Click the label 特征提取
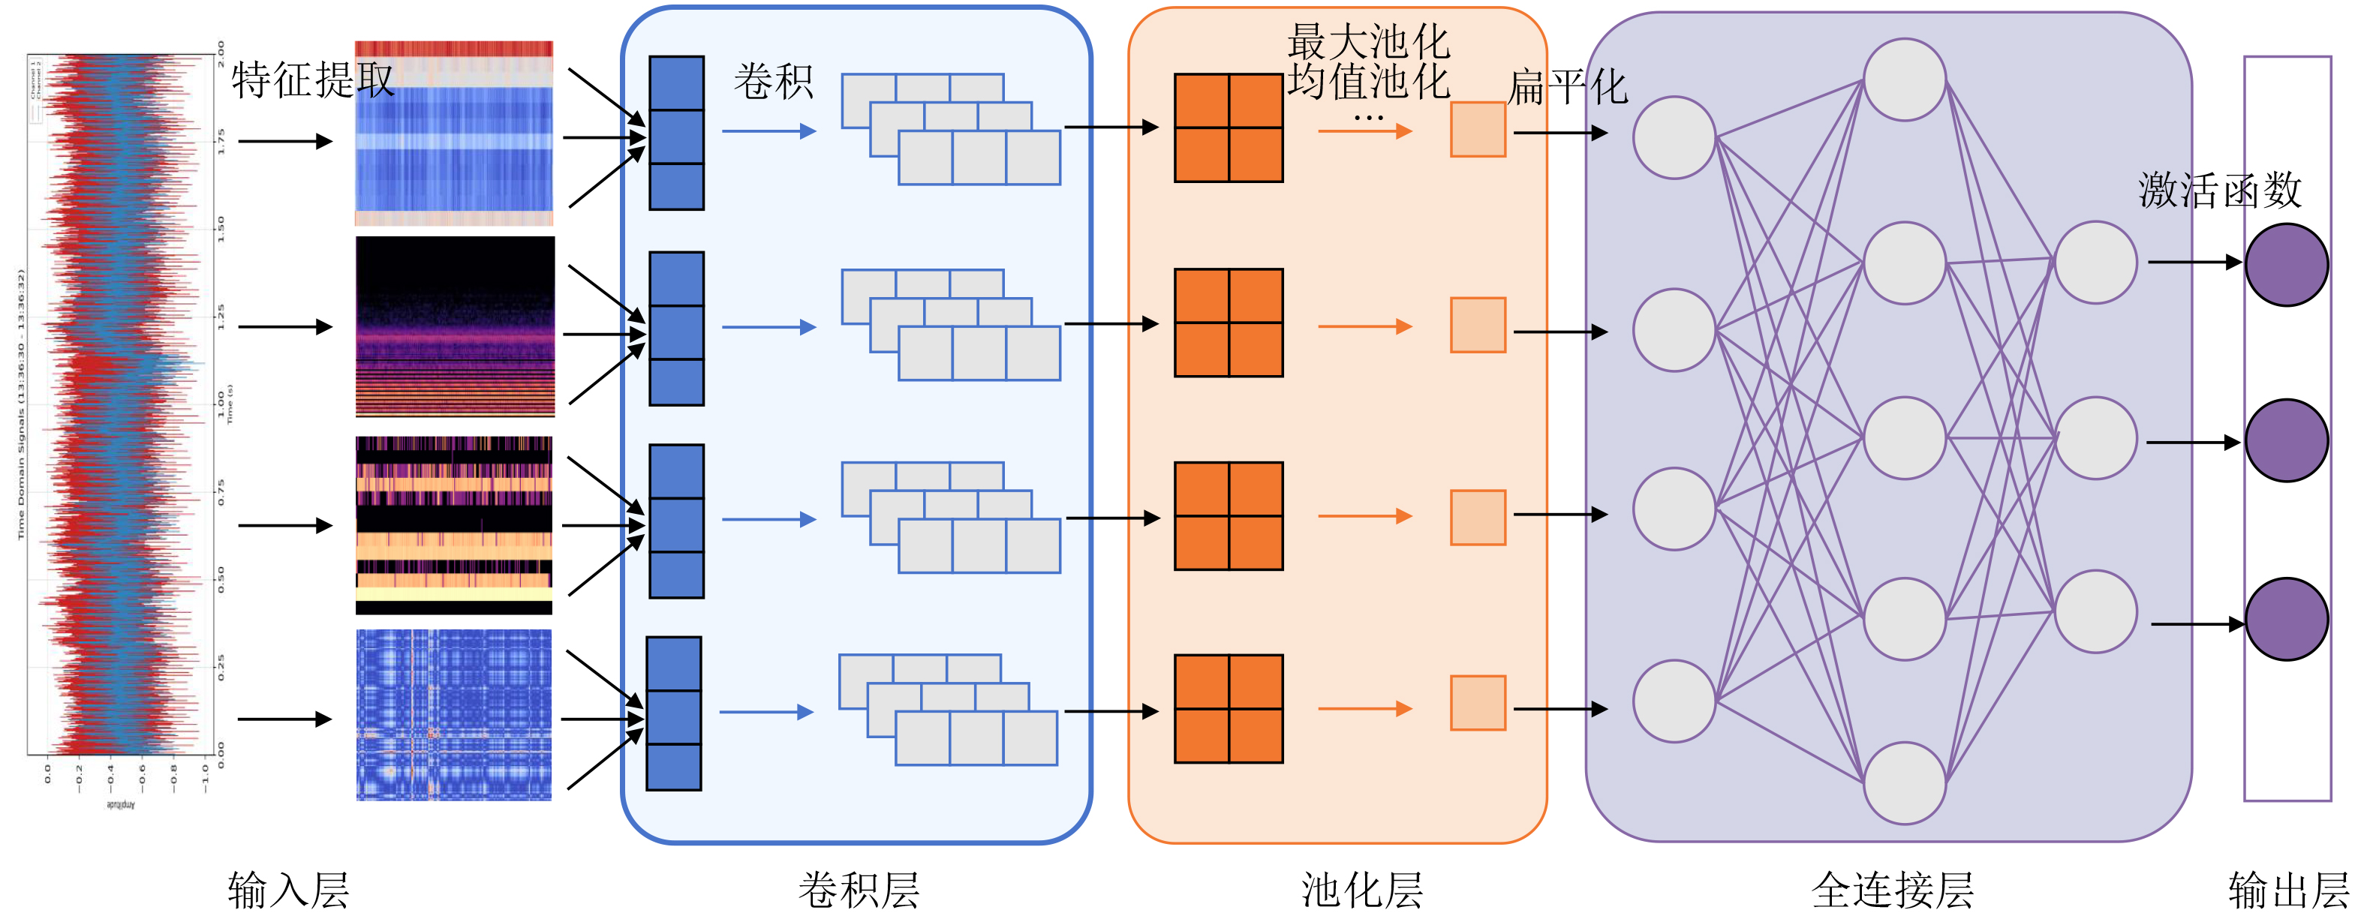click(312, 81)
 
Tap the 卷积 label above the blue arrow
click(773, 82)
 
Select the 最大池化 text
click(1367, 41)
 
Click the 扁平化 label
click(1568, 88)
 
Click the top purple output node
click(2286, 264)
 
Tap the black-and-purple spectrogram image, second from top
click(456, 326)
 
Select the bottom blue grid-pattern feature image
click(454, 715)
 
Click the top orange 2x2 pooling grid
click(1229, 128)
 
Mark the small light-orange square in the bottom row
click(1478, 703)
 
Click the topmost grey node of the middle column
click(1904, 80)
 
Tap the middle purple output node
click(2286, 440)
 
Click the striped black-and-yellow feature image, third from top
click(454, 525)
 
